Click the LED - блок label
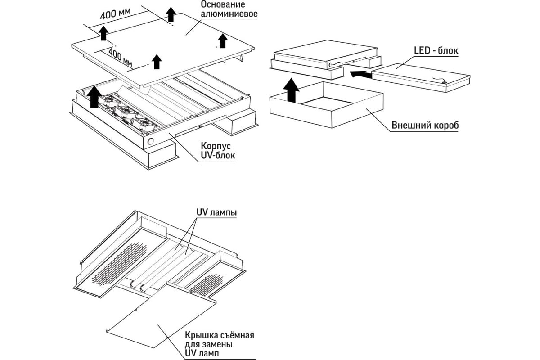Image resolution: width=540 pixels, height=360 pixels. (435, 51)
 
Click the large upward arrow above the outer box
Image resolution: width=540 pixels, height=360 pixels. (292, 90)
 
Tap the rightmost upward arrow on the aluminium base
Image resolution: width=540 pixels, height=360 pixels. (222, 40)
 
